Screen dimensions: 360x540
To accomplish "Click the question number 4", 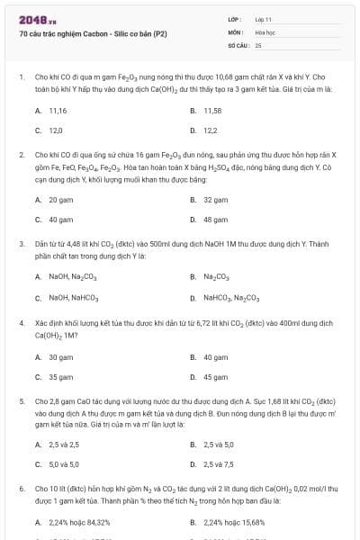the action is point(21,321).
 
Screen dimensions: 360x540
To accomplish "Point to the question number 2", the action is point(21,155).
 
